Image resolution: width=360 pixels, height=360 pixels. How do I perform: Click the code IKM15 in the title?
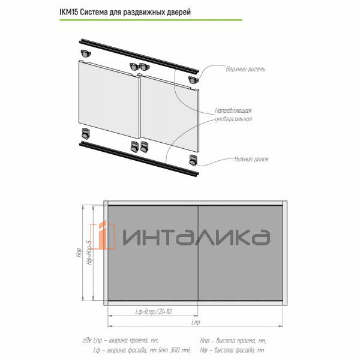pos(70,12)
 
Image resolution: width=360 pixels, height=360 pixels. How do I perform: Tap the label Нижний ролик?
pos(252,160)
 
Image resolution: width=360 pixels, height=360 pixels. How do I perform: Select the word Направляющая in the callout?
pos(233,112)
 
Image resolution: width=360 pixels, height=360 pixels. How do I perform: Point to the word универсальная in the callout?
pos(233,119)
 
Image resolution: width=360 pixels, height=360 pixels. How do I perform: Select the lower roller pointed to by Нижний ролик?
pos(193,160)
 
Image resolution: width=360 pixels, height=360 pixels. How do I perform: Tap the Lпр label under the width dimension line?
pos(195,323)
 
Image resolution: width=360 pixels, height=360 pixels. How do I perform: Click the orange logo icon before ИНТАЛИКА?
pos(103,236)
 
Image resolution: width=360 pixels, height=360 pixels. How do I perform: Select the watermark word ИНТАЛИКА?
pos(194,236)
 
